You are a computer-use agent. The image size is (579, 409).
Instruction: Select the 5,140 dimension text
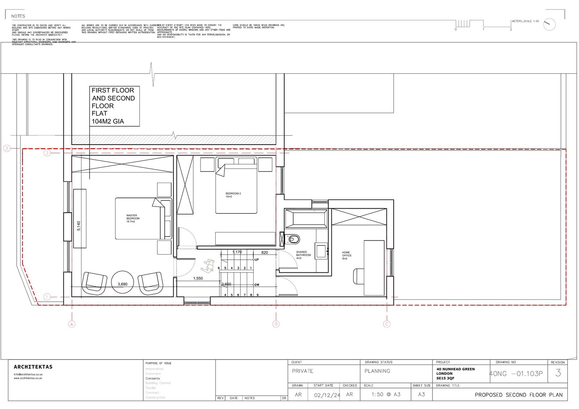click(79, 226)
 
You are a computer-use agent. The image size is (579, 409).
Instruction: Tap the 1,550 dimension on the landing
click(198, 278)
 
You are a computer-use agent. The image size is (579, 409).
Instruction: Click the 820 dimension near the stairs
click(265, 252)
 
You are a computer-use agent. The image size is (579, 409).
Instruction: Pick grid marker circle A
click(72, 324)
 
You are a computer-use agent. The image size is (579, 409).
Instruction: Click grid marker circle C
click(386, 324)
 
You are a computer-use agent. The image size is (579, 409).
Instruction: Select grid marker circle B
click(276, 324)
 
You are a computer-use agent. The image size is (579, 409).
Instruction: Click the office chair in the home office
click(359, 277)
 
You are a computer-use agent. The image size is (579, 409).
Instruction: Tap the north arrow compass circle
click(549, 24)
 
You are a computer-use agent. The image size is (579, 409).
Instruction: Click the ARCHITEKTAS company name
click(33, 367)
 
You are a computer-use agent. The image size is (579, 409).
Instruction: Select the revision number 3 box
click(558, 373)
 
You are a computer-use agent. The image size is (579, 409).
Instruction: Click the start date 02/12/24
click(327, 395)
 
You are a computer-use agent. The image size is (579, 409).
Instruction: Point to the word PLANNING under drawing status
click(377, 371)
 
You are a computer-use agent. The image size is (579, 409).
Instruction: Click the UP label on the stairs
click(257, 260)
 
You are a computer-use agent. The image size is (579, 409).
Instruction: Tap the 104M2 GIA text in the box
click(107, 122)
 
